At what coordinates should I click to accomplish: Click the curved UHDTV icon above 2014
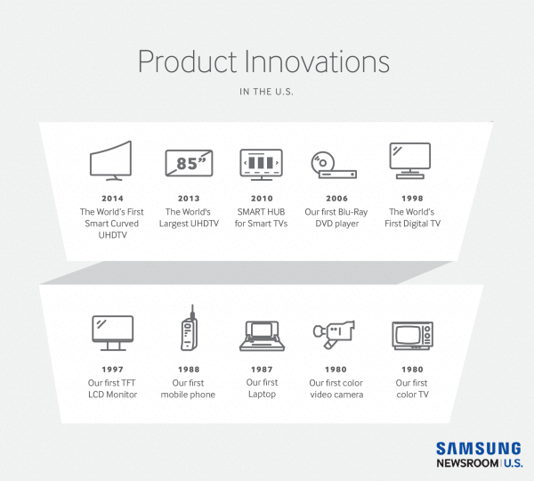click(111, 161)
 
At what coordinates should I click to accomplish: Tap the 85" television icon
click(189, 163)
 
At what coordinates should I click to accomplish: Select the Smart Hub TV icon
click(262, 164)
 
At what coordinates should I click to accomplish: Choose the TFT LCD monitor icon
click(112, 333)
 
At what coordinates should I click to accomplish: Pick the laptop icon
click(262, 335)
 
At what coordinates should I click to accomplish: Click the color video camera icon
click(335, 334)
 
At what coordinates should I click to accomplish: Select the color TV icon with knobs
click(411, 335)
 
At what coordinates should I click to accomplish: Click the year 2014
click(111, 199)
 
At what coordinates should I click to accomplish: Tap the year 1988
click(188, 370)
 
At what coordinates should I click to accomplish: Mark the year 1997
click(112, 370)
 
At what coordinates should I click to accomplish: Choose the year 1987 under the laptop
click(262, 370)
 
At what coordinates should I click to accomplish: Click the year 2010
click(262, 199)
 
